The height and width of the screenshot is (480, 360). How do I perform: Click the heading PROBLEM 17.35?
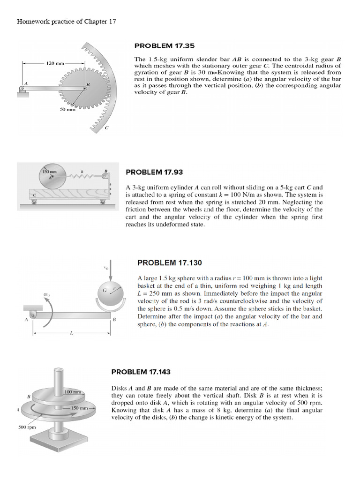coord(164,46)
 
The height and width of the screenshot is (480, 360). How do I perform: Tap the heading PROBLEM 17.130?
coord(169,263)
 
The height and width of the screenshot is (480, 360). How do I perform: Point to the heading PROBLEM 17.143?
coord(141,372)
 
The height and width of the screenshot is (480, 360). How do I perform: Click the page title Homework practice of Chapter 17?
coord(66,22)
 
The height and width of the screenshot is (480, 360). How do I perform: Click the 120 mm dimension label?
coord(55,63)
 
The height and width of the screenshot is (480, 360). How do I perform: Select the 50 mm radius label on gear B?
coord(67,109)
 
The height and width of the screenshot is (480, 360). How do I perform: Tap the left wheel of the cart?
coord(33,202)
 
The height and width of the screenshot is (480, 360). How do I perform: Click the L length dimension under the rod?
coord(71,333)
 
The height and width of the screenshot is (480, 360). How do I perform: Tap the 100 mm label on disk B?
coord(73,391)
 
